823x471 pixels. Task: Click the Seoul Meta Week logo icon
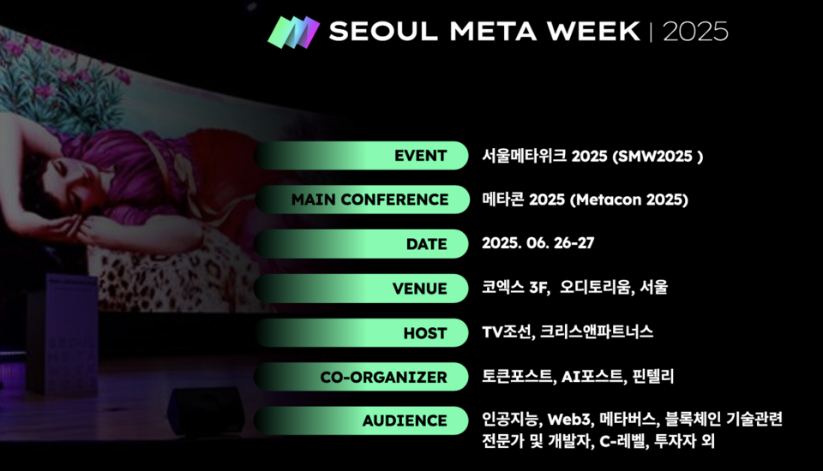pos(293,32)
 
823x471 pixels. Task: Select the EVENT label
pos(420,156)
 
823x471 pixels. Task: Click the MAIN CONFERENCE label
pos(369,200)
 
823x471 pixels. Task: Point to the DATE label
pos(426,244)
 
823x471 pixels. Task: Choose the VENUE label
pos(419,289)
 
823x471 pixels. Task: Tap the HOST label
pos(424,333)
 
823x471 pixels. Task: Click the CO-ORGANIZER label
pos(383,377)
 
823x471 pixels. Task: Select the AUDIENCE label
pos(405,420)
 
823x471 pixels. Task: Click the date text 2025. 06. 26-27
pos(538,243)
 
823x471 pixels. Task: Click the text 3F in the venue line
pos(538,288)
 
